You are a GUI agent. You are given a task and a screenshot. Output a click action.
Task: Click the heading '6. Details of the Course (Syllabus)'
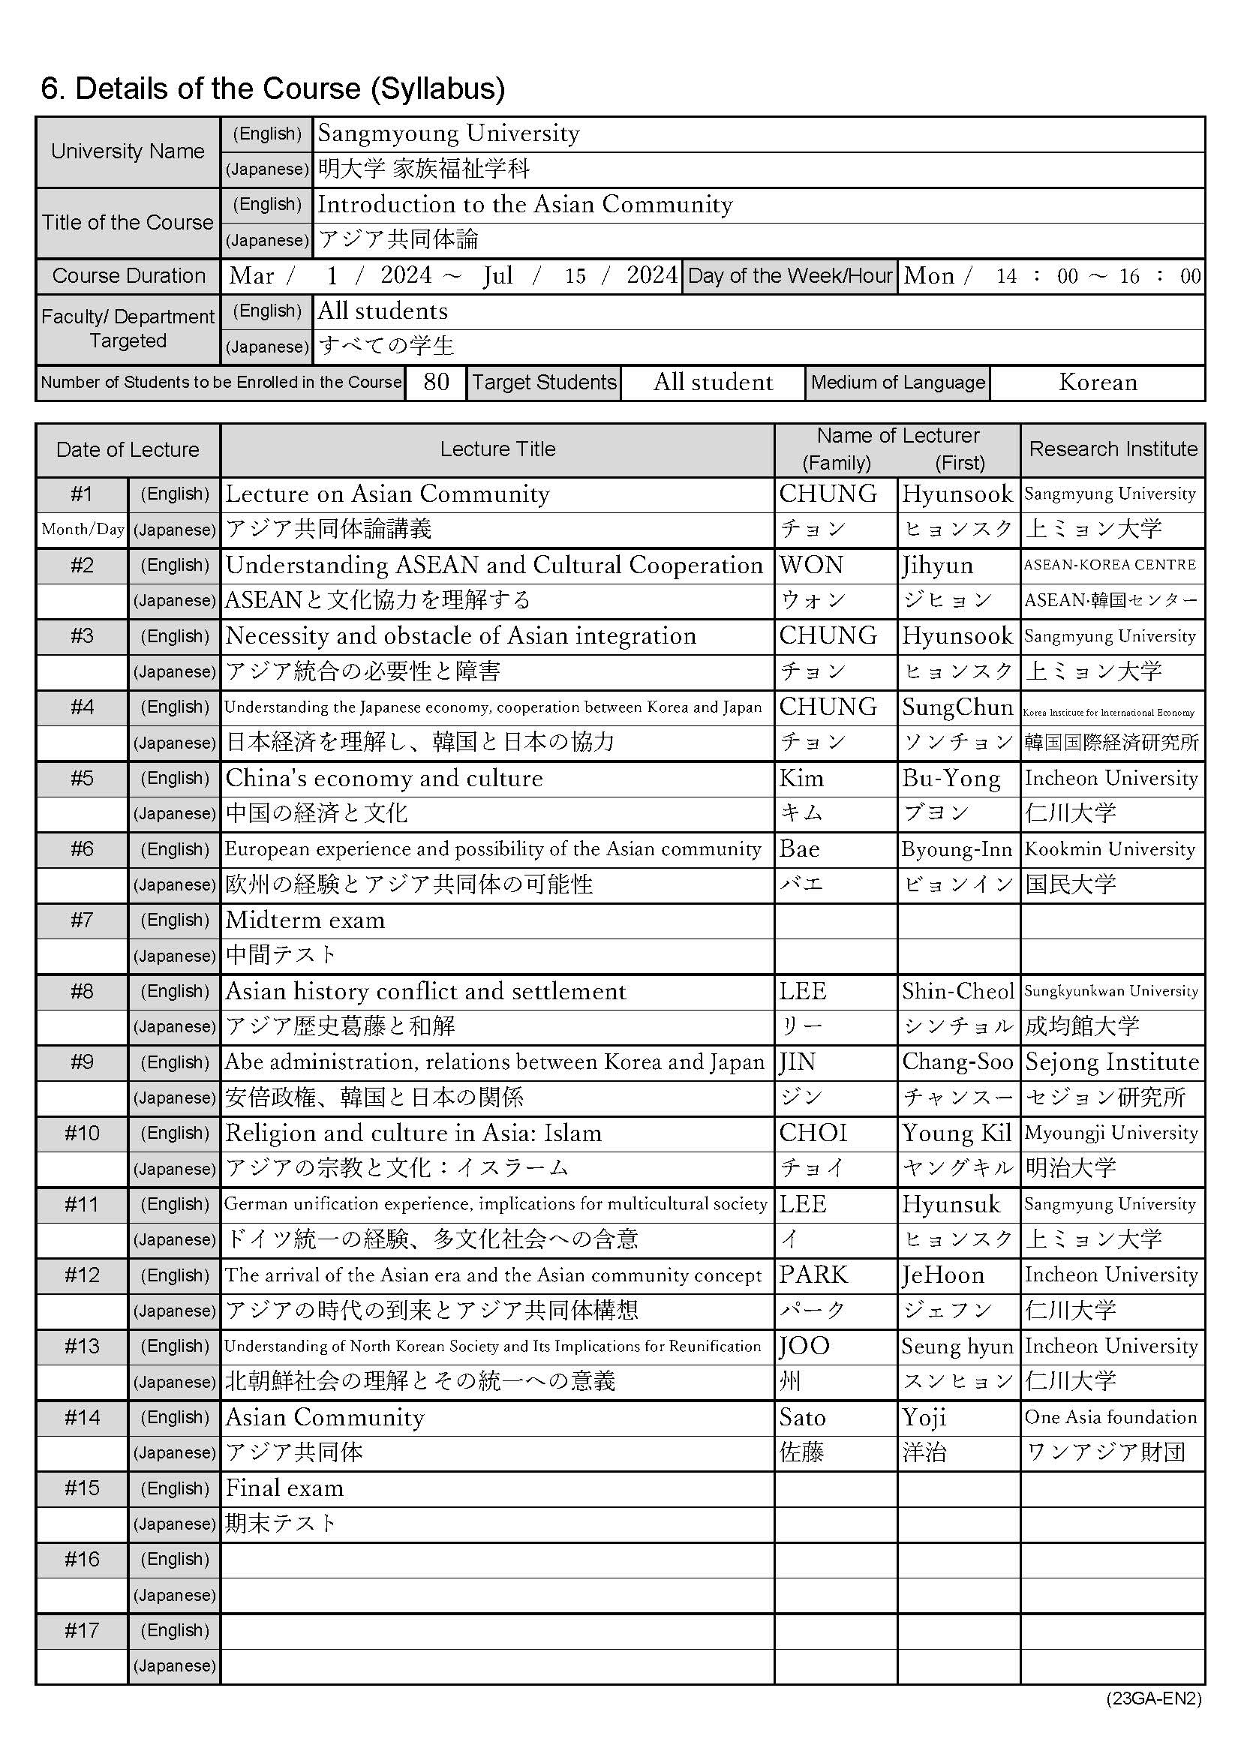tap(273, 89)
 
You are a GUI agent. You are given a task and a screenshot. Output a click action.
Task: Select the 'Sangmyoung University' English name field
tap(449, 134)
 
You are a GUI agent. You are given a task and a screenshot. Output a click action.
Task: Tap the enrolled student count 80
tap(436, 382)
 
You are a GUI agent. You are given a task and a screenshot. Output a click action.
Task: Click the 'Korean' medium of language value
tap(1098, 382)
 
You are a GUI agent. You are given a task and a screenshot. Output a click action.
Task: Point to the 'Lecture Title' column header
tap(497, 449)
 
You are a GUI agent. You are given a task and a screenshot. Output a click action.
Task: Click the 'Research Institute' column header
tap(1113, 449)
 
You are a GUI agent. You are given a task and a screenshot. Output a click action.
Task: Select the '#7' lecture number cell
tap(82, 921)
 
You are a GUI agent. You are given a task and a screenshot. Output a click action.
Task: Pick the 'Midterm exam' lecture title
tap(305, 921)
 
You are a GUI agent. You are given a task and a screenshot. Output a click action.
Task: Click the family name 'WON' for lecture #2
tap(811, 566)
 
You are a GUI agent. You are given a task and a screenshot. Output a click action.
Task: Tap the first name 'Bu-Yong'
tap(951, 779)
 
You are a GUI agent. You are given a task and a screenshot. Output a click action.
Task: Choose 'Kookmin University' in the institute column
tap(1109, 849)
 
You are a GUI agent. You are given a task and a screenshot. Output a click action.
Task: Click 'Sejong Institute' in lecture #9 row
tap(1112, 1062)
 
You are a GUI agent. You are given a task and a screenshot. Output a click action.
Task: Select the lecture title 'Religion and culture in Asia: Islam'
tap(413, 1133)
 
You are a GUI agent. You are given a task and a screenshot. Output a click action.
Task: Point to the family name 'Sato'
tap(802, 1418)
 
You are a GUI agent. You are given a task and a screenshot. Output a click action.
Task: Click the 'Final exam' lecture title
tap(284, 1488)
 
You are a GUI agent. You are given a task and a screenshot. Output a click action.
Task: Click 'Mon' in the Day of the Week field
tap(928, 276)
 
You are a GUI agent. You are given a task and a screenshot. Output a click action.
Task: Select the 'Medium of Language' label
tap(898, 382)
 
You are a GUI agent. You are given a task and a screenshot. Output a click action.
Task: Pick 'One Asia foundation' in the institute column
tap(1110, 1418)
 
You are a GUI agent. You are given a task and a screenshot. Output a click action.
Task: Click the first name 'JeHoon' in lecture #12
tap(943, 1275)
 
